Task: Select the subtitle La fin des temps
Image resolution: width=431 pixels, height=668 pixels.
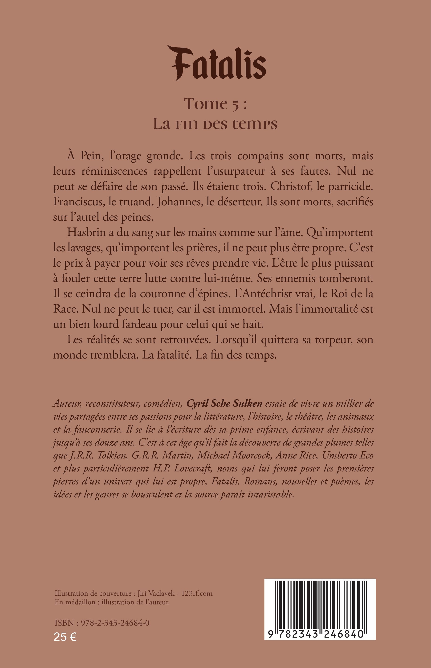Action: point(215,124)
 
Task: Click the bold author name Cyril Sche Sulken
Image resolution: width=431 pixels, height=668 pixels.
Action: point(224,404)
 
